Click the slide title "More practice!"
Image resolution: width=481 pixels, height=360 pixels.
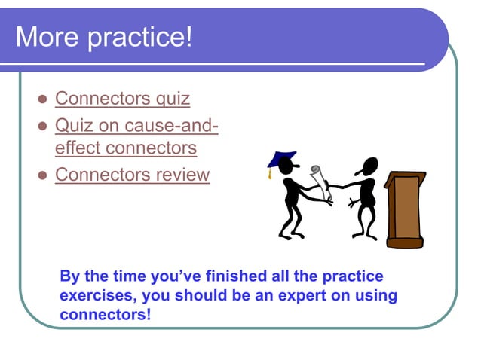[x=104, y=38]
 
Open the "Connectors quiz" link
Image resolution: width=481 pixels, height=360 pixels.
[x=122, y=99]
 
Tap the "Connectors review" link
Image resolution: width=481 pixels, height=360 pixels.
[x=132, y=175]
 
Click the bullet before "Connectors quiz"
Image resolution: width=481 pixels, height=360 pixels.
[x=42, y=99]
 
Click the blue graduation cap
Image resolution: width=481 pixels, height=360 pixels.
[x=282, y=160]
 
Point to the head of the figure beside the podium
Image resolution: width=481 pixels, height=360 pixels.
[x=369, y=166]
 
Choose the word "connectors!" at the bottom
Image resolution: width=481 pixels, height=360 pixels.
[x=105, y=314]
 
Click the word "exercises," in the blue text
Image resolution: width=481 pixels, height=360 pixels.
[x=97, y=295]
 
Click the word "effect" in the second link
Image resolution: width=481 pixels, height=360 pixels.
[x=78, y=148]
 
